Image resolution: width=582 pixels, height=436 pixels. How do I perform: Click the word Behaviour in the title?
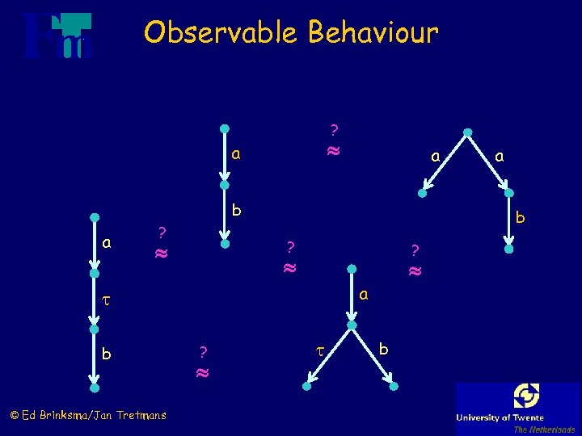(373, 33)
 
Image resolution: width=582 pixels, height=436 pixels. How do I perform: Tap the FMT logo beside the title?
(57, 36)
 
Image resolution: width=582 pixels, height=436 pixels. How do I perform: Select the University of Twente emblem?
(526, 396)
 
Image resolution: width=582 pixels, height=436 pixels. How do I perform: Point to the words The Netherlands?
(544, 430)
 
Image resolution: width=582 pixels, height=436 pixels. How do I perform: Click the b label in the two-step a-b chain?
(236, 210)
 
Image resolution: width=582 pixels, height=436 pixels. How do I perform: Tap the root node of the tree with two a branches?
(466, 132)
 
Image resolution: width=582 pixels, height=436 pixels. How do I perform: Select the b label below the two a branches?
(521, 217)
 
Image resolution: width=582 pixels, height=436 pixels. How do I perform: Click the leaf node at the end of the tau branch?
(309, 388)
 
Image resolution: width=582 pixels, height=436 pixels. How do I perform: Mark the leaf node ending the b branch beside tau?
(393, 388)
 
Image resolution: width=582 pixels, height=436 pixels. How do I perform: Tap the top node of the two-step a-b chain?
(225, 128)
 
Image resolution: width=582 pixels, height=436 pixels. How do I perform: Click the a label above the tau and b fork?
(364, 295)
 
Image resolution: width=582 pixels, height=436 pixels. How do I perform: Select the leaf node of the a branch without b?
(422, 194)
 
